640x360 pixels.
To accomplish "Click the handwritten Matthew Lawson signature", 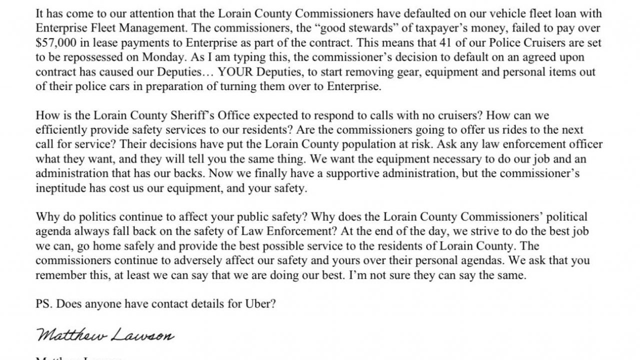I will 105,334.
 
